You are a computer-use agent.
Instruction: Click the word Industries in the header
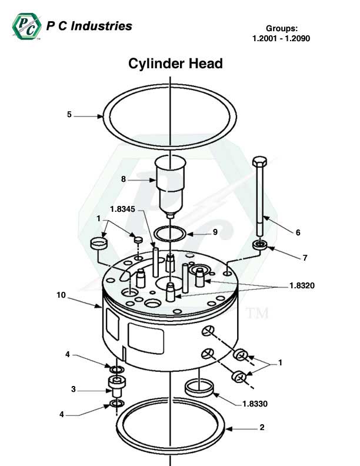(101, 26)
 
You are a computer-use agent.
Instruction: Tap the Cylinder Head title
(175, 64)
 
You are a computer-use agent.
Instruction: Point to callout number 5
(69, 115)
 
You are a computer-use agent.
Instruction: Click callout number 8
(124, 179)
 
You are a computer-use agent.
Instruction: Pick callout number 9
(215, 232)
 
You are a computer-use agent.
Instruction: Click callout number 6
(298, 232)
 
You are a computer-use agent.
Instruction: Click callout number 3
(74, 389)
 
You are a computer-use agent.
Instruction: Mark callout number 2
(262, 428)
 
